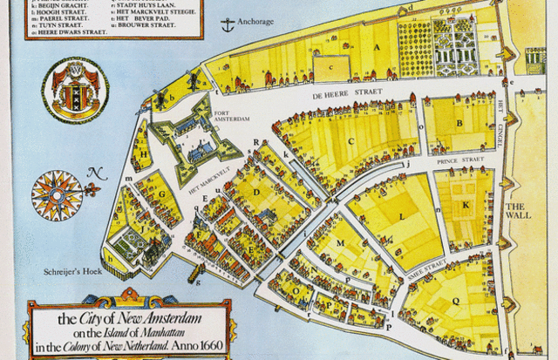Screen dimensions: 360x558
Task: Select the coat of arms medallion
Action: [75, 90]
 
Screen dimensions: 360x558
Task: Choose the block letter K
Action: [466, 205]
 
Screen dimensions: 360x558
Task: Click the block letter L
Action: [400, 214]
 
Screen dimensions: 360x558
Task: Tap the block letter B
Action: [459, 124]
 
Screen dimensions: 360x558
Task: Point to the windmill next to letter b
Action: [160, 91]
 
